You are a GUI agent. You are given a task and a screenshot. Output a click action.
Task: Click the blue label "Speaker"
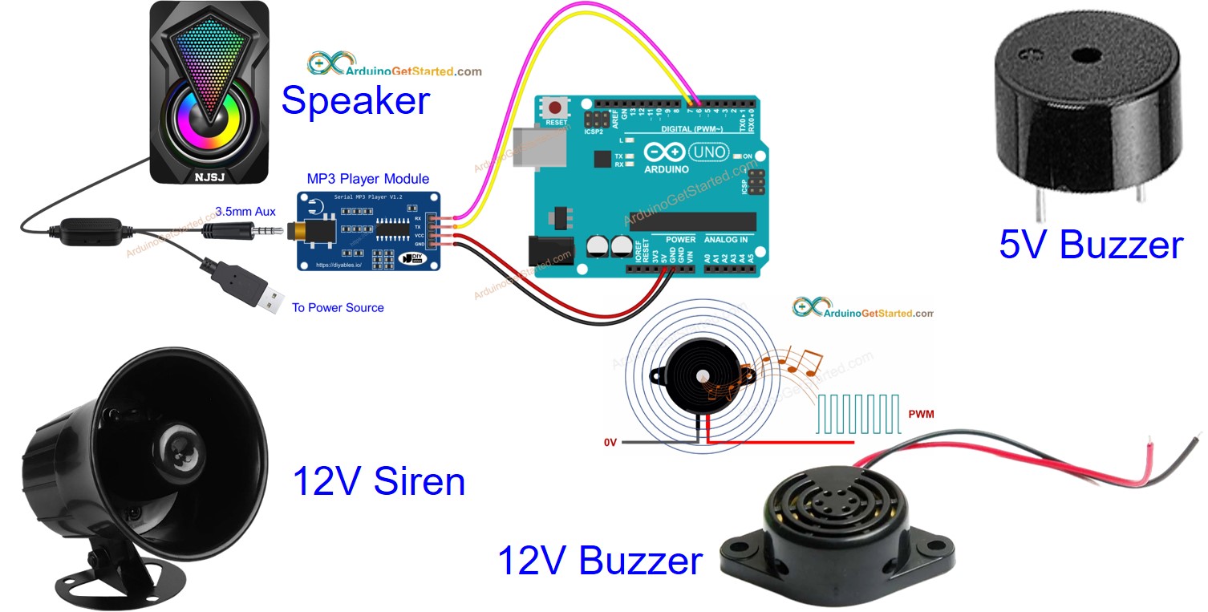pos(355,102)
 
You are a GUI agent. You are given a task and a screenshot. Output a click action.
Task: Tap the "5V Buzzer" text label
pos(1090,244)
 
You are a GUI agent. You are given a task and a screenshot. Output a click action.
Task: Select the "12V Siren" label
pos(379,482)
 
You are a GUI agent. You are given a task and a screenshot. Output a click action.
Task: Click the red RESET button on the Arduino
pos(553,107)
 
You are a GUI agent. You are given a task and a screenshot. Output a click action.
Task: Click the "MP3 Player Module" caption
pos(367,179)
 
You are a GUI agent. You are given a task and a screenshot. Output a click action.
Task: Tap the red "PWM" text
pos(921,414)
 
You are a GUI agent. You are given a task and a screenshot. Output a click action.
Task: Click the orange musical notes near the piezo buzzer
pos(790,365)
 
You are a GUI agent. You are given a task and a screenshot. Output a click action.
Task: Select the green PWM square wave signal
pos(859,414)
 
